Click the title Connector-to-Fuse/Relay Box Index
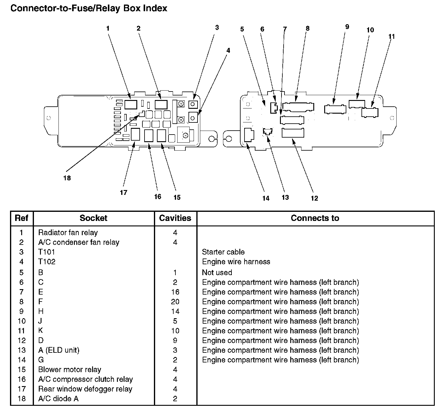click(x=89, y=8)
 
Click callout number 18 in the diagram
click(x=67, y=178)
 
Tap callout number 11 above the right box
click(x=391, y=37)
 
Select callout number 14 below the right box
click(x=266, y=198)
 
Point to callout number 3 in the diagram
click(x=217, y=28)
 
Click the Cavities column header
click(x=175, y=218)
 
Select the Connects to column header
click(x=315, y=218)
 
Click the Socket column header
click(x=93, y=218)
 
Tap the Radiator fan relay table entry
click(x=68, y=233)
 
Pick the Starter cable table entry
click(x=223, y=252)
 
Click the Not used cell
click(x=217, y=272)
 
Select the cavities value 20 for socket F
click(x=175, y=302)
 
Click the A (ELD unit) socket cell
click(x=59, y=350)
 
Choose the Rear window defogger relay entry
click(x=85, y=389)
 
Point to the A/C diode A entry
click(x=58, y=399)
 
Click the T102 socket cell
click(x=47, y=262)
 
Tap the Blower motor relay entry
click(x=70, y=370)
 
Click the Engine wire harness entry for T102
click(x=236, y=262)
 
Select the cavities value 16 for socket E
click(x=175, y=292)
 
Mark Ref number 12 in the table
click(x=22, y=341)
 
